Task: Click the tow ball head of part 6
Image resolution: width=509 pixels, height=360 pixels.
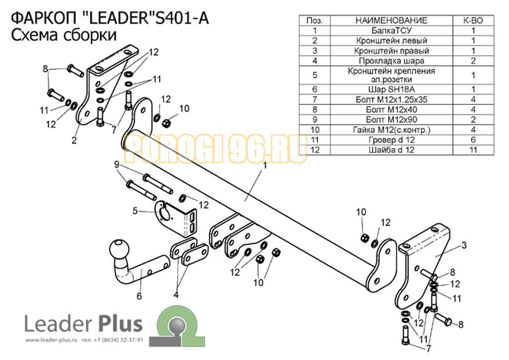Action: tap(119, 249)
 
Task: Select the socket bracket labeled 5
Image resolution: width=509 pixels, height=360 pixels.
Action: tap(176, 219)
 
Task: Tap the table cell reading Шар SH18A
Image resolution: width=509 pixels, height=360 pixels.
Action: tap(392, 90)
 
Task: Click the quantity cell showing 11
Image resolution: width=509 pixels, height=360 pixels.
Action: tap(473, 150)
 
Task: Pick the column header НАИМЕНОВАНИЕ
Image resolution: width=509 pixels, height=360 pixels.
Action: tap(392, 21)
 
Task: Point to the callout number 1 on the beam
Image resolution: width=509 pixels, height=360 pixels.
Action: tap(264, 166)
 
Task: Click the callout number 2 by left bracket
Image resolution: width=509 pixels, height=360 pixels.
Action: tap(75, 140)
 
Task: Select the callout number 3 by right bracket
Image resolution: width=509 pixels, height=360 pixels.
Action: tap(464, 245)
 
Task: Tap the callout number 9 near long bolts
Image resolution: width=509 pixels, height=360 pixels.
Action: tap(117, 165)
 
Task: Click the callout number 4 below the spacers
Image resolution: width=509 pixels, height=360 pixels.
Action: tap(176, 295)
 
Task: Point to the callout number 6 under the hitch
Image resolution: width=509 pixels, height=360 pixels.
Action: tap(139, 296)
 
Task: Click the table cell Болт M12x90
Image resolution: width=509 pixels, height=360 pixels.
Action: tap(392, 119)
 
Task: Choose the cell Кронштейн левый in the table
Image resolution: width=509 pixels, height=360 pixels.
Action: tap(392, 41)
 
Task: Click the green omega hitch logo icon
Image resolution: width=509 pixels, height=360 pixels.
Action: tap(177, 326)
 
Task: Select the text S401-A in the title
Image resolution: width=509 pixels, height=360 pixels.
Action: tap(182, 18)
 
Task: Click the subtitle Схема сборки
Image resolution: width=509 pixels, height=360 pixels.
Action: tap(64, 35)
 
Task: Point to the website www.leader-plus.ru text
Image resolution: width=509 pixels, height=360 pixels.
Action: tap(51, 340)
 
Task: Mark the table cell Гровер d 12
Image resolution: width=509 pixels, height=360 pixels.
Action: tap(392, 140)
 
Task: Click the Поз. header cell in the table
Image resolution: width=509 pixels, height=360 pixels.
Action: tap(315, 21)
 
